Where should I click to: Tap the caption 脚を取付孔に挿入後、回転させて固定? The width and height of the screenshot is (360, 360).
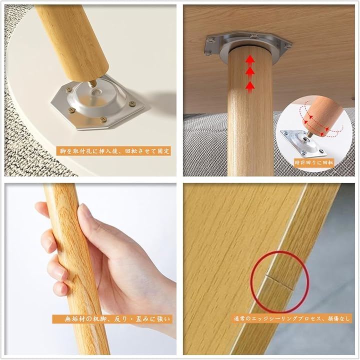(114, 151)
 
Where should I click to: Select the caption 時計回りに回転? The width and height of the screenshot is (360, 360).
(314, 162)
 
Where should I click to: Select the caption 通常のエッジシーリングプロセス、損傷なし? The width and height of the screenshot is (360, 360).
(291, 318)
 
